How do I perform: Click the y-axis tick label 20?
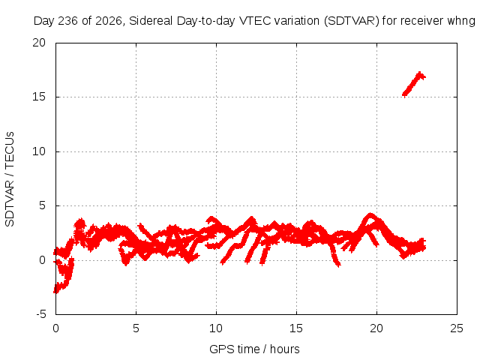coord(39,43)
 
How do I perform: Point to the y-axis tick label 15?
coord(39,97)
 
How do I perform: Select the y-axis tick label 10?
coord(39,151)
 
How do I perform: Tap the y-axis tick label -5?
coord(40,314)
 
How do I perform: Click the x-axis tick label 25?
coord(457,328)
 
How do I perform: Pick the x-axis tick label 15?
coord(296,328)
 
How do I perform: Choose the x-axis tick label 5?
coord(136,328)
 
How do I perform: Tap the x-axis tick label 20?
coord(376,328)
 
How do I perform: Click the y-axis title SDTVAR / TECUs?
coord(10,179)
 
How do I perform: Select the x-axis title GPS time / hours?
coord(254,349)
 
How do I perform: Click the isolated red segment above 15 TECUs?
coord(414,84)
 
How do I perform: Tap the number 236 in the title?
coord(68,21)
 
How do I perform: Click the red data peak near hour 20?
coord(370,215)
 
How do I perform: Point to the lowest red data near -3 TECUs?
coord(56,291)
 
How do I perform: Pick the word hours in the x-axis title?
coord(285,349)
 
